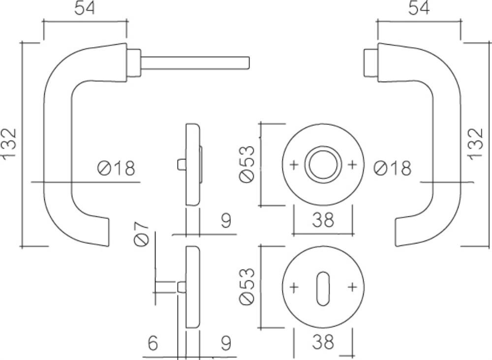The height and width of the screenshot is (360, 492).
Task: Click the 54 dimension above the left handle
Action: [x=85, y=8]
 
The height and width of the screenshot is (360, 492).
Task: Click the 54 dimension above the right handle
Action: [x=419, y=8]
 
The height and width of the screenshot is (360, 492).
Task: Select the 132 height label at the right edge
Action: [x=476, y=144]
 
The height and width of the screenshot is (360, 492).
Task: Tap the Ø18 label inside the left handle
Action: [x=117, y=168]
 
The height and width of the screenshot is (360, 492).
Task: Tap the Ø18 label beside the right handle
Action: [x=393, y=168]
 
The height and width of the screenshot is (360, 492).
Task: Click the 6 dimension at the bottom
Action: [x=153, y=343]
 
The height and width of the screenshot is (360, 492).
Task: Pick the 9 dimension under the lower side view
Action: [x=226, y=343]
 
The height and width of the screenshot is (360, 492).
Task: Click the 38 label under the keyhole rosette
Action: [x=323, y=341]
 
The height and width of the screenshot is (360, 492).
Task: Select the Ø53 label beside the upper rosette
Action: [x=246, y=163]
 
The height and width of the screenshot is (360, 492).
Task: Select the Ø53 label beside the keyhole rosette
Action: [x=246, y=286]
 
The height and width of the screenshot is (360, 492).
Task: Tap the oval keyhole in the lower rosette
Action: [x=323, y=289]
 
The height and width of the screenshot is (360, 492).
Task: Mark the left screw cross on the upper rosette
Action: [x=294, y=165]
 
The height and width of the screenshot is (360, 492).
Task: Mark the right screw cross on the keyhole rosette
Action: [x=352, y=287]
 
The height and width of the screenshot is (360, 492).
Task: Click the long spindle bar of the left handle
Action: [x=195, y=63]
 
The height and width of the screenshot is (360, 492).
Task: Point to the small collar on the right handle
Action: [x=371, y=63]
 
